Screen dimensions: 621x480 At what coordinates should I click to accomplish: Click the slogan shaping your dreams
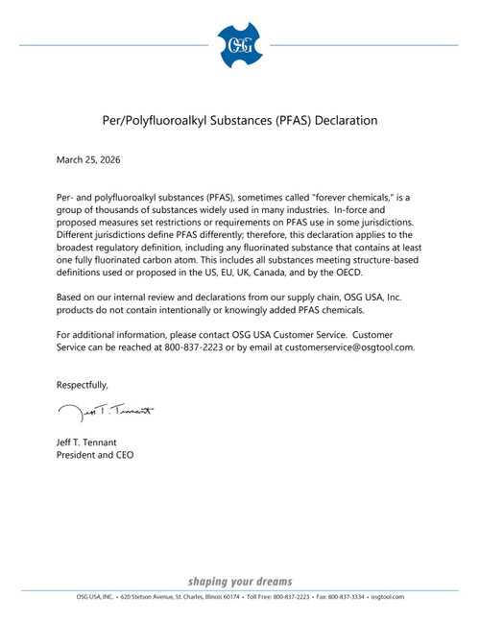click(240, 582)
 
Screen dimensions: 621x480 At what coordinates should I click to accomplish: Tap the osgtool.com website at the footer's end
click(388, 597)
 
